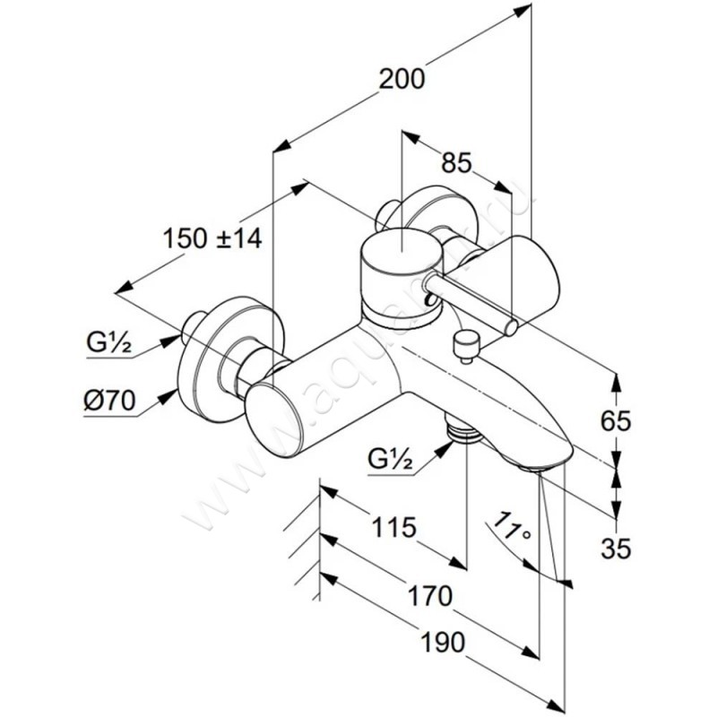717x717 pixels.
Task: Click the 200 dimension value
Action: click(x=401, y=79)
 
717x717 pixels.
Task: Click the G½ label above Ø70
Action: click(x=109, y=341)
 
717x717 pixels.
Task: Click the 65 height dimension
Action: click(x=618, y=420)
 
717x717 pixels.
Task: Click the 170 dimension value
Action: click(x=427, y=593)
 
